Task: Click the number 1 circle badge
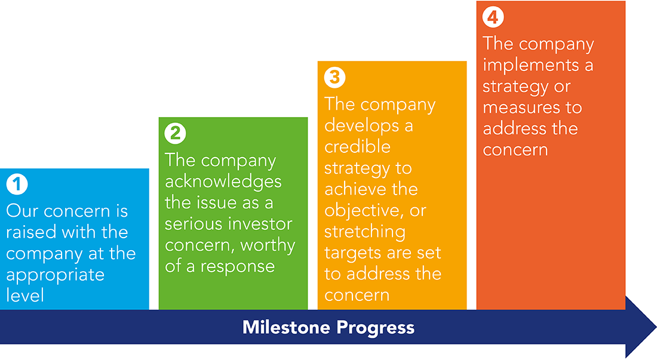click(17, 184)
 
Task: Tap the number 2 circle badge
click(175, 133)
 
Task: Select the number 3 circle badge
click(335, 77)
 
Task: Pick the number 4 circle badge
click(493, 17)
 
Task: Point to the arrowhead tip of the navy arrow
click(656, 327)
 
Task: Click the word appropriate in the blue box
click(56, 276)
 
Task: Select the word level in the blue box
click(24, 295)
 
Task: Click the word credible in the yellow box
click(357, 146)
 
